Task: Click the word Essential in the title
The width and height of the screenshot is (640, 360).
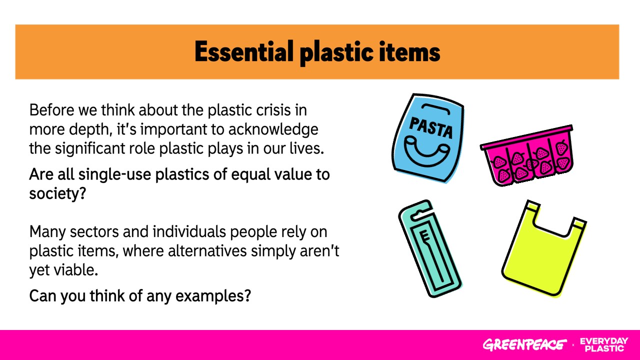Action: pyautogui.click(x=244, y=51)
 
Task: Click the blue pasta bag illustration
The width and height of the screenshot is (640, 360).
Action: pyautogui.click(x=428, y=138)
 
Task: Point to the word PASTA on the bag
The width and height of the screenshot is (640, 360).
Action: pyautogui.click(x=431, y=127)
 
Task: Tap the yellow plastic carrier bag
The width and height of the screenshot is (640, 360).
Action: pyautogui.click(x=543, y=248)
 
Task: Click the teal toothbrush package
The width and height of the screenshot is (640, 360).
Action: pyautogui.click(x=430, y=248)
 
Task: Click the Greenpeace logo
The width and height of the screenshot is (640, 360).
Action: pyautogui.click(x=524, y=344)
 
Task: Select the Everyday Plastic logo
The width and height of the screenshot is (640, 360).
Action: pyautogui.click(x=604, y=344)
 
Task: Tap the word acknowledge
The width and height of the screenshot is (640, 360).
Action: pyautogui.click(x=273, y=129)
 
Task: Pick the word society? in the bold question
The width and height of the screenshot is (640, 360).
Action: pyautogui.click(x=57, y=193)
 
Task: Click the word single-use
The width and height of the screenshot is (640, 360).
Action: pyautogui.click(x=114, y=175)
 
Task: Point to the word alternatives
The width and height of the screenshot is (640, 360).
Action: pyautogui.click(x=207, y=251)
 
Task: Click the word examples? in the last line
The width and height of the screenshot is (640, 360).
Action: pyautogui.click(x=213, y=296)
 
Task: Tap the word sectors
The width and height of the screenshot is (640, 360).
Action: pyautogui.click(x=94, y=231)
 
